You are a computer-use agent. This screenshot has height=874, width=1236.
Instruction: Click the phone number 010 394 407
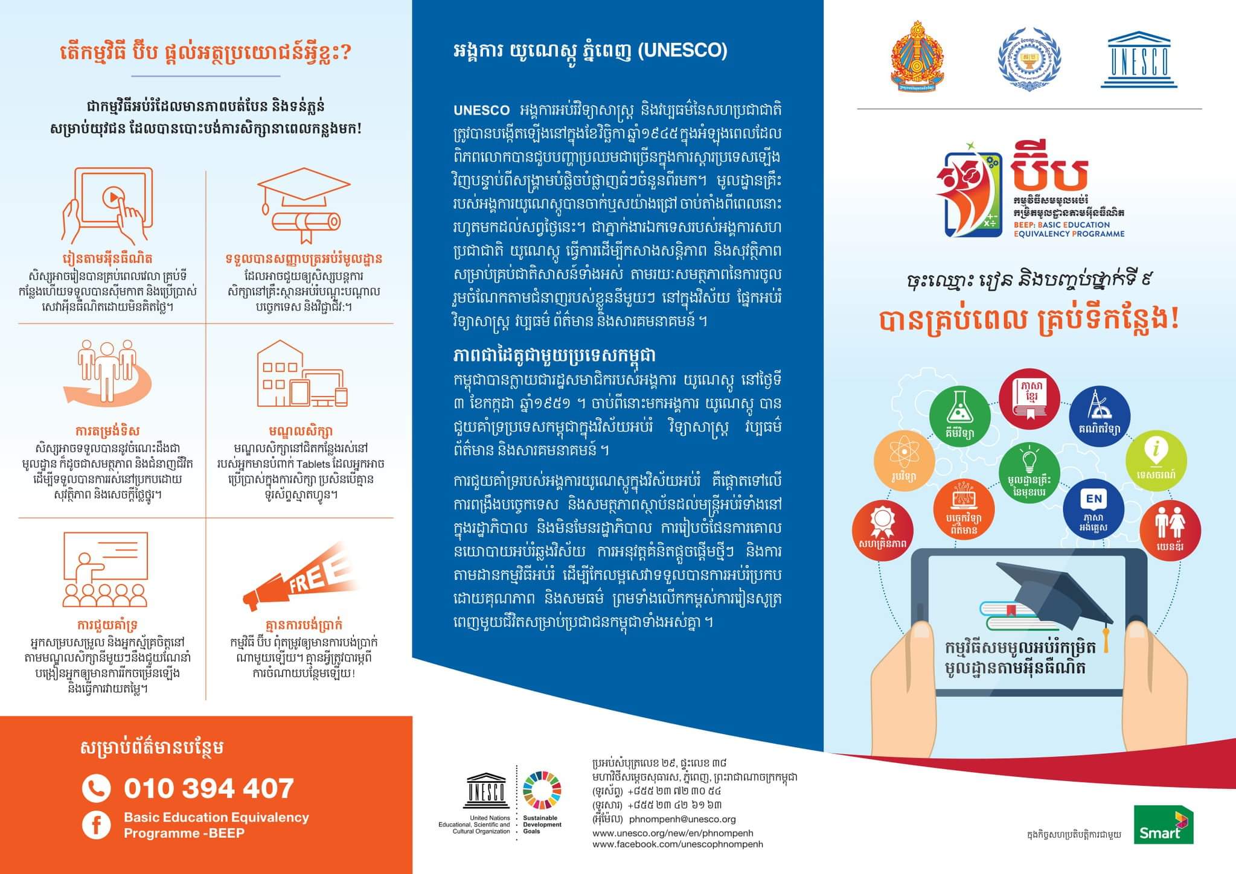pyautogui.click(x=208, y=788)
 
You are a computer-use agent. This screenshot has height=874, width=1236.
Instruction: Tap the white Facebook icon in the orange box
pyautogui.click(x=96, y=825)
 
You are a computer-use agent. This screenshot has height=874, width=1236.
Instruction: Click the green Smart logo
pyautogui.click(x=1154, y=824)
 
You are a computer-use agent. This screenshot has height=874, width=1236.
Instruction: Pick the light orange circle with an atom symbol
pyautogui.click(x=904, y=461)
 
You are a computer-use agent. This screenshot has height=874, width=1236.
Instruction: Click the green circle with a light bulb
pyautogui.click(x=1029, y=473)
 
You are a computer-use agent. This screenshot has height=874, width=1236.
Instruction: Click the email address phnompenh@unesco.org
pyautogui.click(x=682, y=819)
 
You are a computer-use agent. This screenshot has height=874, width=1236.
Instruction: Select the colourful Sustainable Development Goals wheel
pyautogui.click(x=542, y=790)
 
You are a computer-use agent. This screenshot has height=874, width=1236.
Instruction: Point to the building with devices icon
pyautogui.click(x=300, y=375)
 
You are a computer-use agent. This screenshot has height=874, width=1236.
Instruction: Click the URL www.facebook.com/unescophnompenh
pyautogui.click(x=677, y=844)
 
